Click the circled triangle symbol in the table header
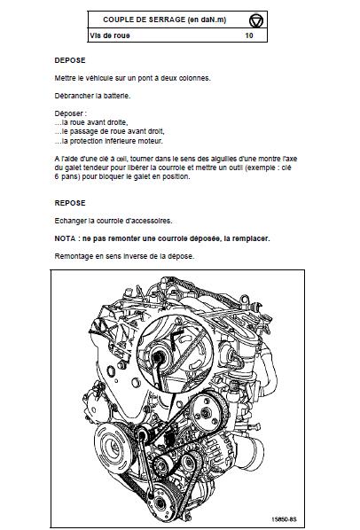tap(256, 20)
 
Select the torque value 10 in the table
tap(249, 35)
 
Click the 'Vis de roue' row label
tap(110, 35)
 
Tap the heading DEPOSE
tap(70, 60)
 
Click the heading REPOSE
tap(70, 203)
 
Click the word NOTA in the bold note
tap(65, 238)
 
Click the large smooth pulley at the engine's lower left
tap(111, 448)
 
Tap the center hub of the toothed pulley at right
tap(205, 413)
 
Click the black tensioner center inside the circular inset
tap(157, 357)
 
